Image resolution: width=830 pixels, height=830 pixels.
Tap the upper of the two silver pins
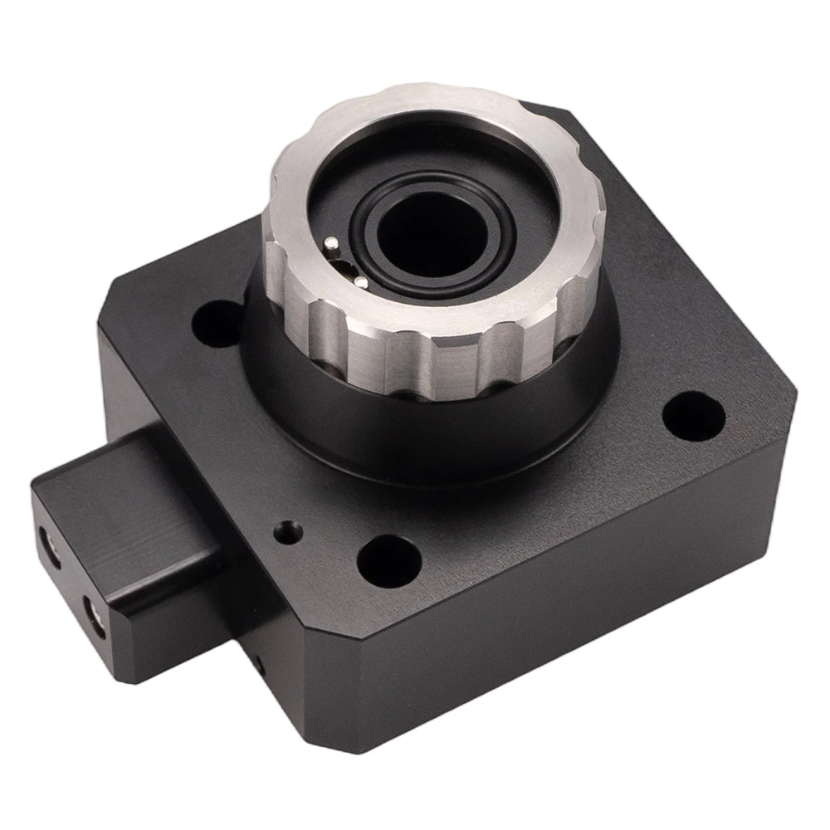[330, 243]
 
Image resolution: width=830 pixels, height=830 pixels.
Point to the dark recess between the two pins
[342, 264]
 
